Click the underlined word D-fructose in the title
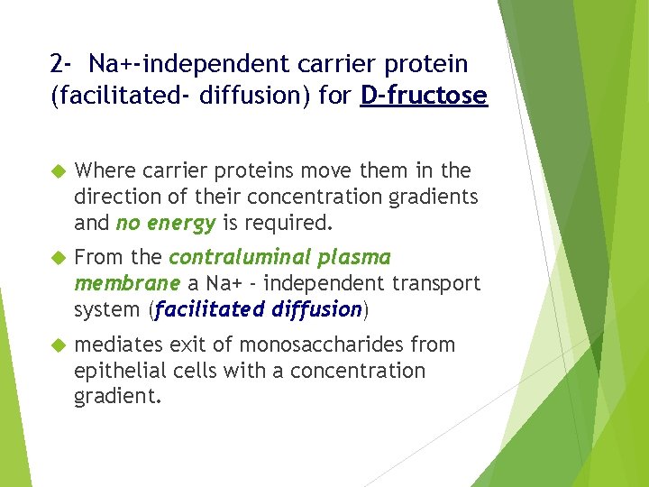(424, 95)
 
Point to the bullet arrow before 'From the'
(59, 258)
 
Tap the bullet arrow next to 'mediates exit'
(59, 345)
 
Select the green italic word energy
(186, 223)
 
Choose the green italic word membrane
(127, 283)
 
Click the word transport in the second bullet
(438, 283)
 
